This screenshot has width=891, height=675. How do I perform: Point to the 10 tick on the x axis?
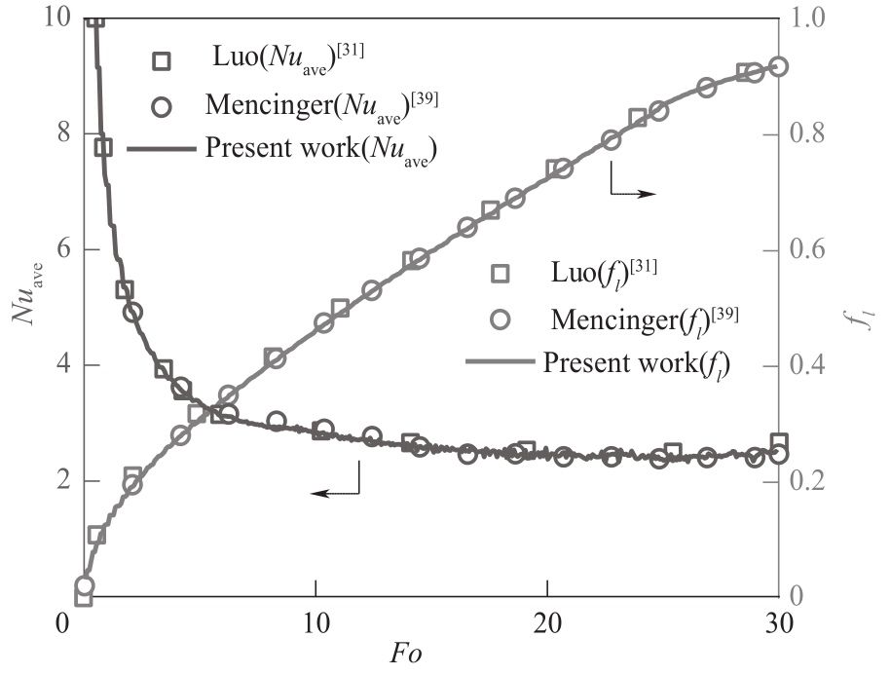coord(316,620)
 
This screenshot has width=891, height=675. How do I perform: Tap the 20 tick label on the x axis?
coord(547,620)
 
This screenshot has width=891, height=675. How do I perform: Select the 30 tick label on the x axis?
coord(778,620)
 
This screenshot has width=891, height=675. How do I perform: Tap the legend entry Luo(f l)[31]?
coord(575,274)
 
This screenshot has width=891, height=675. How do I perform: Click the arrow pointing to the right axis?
coord(633,185)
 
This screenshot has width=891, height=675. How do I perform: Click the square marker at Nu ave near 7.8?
coord(102,147)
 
